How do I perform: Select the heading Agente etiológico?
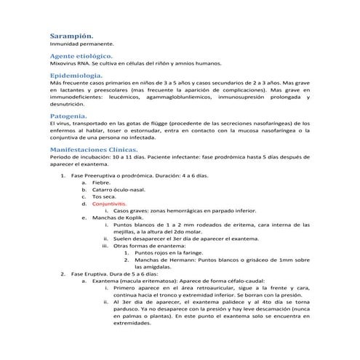[x=81, y=55]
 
